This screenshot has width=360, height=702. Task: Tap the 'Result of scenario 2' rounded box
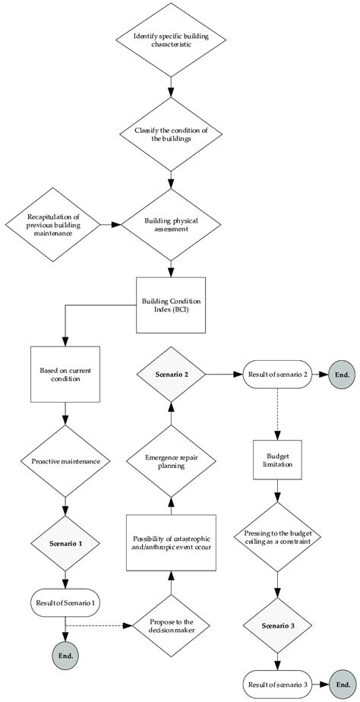click(276, 374)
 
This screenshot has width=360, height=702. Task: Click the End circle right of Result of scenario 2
click(341, 374)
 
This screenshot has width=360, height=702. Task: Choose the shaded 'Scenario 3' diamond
click(276, 626)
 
